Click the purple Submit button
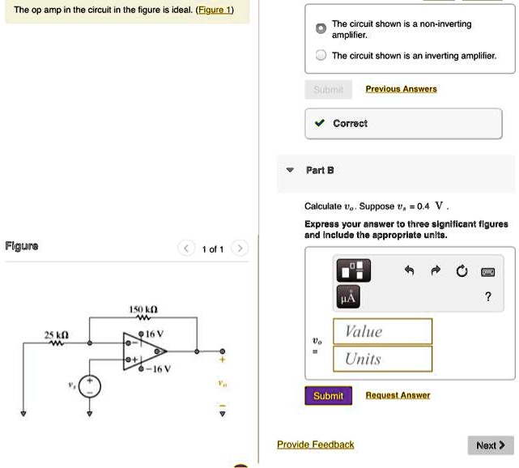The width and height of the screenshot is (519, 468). coord(328,396)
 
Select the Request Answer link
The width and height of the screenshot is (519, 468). coord(398,395)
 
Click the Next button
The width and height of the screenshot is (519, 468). coord(490,445)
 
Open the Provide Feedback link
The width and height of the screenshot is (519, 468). coord(315,445)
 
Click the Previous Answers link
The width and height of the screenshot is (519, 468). coord(401,89)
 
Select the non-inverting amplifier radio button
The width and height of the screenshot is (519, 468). coord(321,28)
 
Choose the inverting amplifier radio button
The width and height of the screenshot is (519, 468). coord(321,56)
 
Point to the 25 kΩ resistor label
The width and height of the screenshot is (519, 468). coord(57,334)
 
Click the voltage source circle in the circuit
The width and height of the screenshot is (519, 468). coord(90,387)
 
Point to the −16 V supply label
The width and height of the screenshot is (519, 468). coord(159,369)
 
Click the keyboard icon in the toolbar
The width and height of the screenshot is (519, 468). coord(487,272)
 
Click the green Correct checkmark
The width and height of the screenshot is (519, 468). coord(320,124)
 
